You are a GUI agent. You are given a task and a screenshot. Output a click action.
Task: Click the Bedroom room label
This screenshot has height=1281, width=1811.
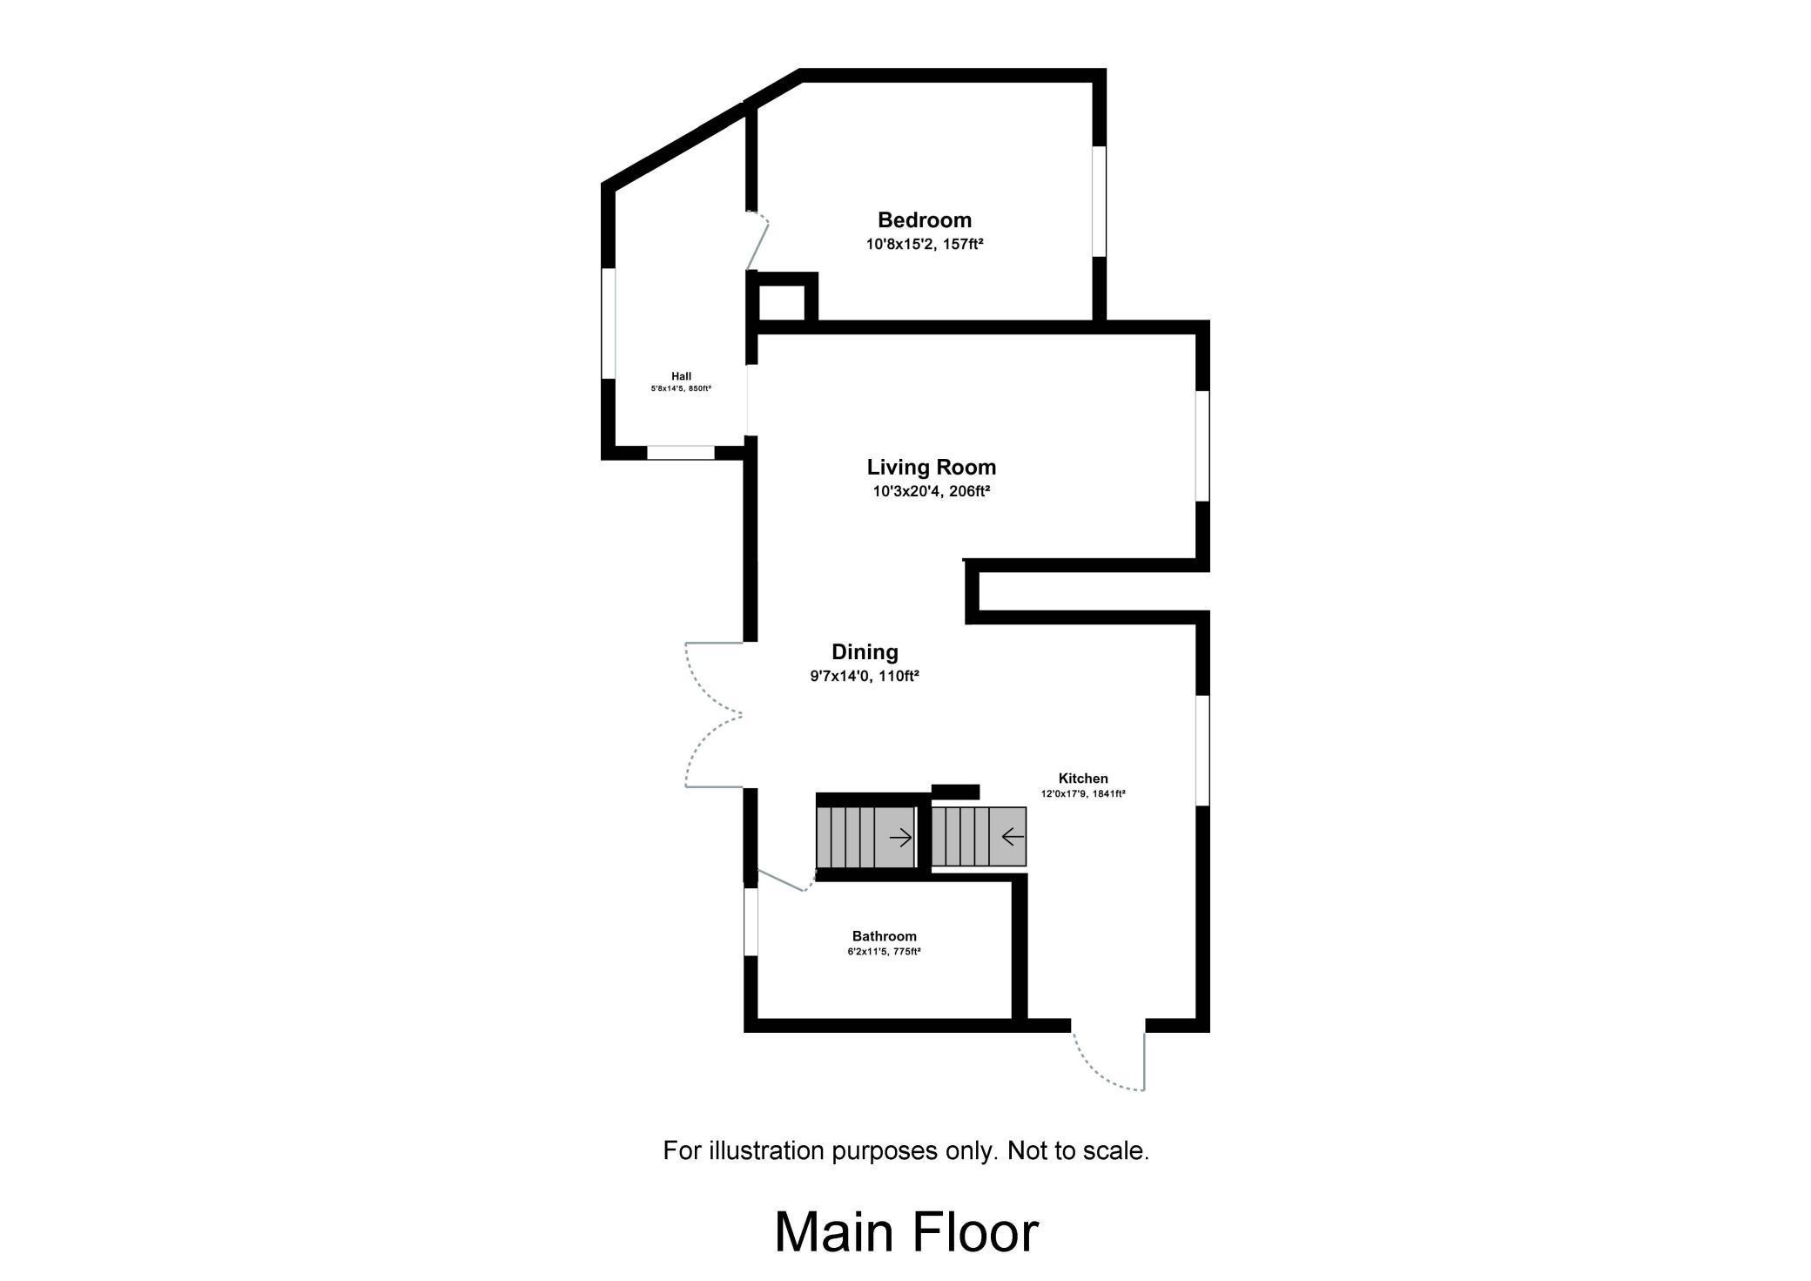click(924, 220)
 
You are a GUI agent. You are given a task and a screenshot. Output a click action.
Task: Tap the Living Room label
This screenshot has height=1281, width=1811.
click(931, 468)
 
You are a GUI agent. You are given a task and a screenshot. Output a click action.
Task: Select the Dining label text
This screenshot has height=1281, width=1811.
click(865, 652)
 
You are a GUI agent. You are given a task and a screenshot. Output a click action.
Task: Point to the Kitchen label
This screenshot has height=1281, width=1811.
click(1083, 779)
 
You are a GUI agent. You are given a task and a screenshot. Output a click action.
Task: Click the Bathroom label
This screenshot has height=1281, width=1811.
click(884, 936)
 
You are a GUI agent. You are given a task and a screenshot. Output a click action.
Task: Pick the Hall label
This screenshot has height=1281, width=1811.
click(681, 376)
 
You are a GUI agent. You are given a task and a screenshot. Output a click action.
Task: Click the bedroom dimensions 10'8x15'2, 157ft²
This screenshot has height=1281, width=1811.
click(924, 245)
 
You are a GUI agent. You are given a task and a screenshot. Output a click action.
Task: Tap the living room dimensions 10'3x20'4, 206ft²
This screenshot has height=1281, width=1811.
click(932, 491)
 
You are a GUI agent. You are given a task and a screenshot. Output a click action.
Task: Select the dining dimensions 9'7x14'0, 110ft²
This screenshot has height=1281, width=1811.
click(865, 676)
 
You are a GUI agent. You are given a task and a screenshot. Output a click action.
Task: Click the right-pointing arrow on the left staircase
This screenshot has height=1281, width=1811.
click(900, 838)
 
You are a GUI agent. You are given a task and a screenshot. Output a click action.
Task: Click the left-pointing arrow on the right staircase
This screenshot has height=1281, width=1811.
click(1013, 838)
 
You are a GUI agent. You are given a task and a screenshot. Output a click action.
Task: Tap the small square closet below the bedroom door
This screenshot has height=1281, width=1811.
click(782, 297)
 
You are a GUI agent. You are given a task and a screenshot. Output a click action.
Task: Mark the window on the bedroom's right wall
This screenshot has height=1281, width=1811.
click(1100, 201)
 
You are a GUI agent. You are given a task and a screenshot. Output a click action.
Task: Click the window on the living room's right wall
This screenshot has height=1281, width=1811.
click(1202, 446)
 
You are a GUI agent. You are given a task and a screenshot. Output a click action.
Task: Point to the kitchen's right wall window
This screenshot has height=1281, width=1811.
click(1202, 750)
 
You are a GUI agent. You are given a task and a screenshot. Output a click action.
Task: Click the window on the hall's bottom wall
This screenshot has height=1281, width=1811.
click(681, 453)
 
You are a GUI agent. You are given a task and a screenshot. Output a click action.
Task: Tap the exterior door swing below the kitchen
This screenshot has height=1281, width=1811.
click(1107, 1061)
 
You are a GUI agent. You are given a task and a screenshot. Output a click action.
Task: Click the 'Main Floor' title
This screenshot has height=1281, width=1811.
click(906, 1232)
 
